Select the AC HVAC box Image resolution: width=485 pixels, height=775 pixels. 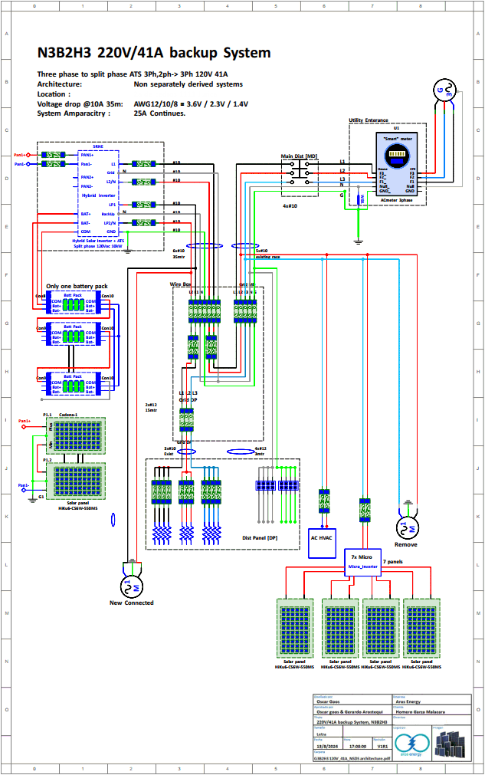[323, 538]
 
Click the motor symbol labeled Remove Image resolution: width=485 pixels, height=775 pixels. [405, 528]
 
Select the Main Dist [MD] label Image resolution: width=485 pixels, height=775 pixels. [299, 157]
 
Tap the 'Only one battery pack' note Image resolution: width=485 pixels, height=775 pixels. [77, 286]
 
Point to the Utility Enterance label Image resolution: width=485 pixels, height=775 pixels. [369, 120]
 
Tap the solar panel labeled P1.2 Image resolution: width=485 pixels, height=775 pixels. [77, 481]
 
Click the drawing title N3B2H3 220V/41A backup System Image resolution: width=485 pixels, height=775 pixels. [154, 53]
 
